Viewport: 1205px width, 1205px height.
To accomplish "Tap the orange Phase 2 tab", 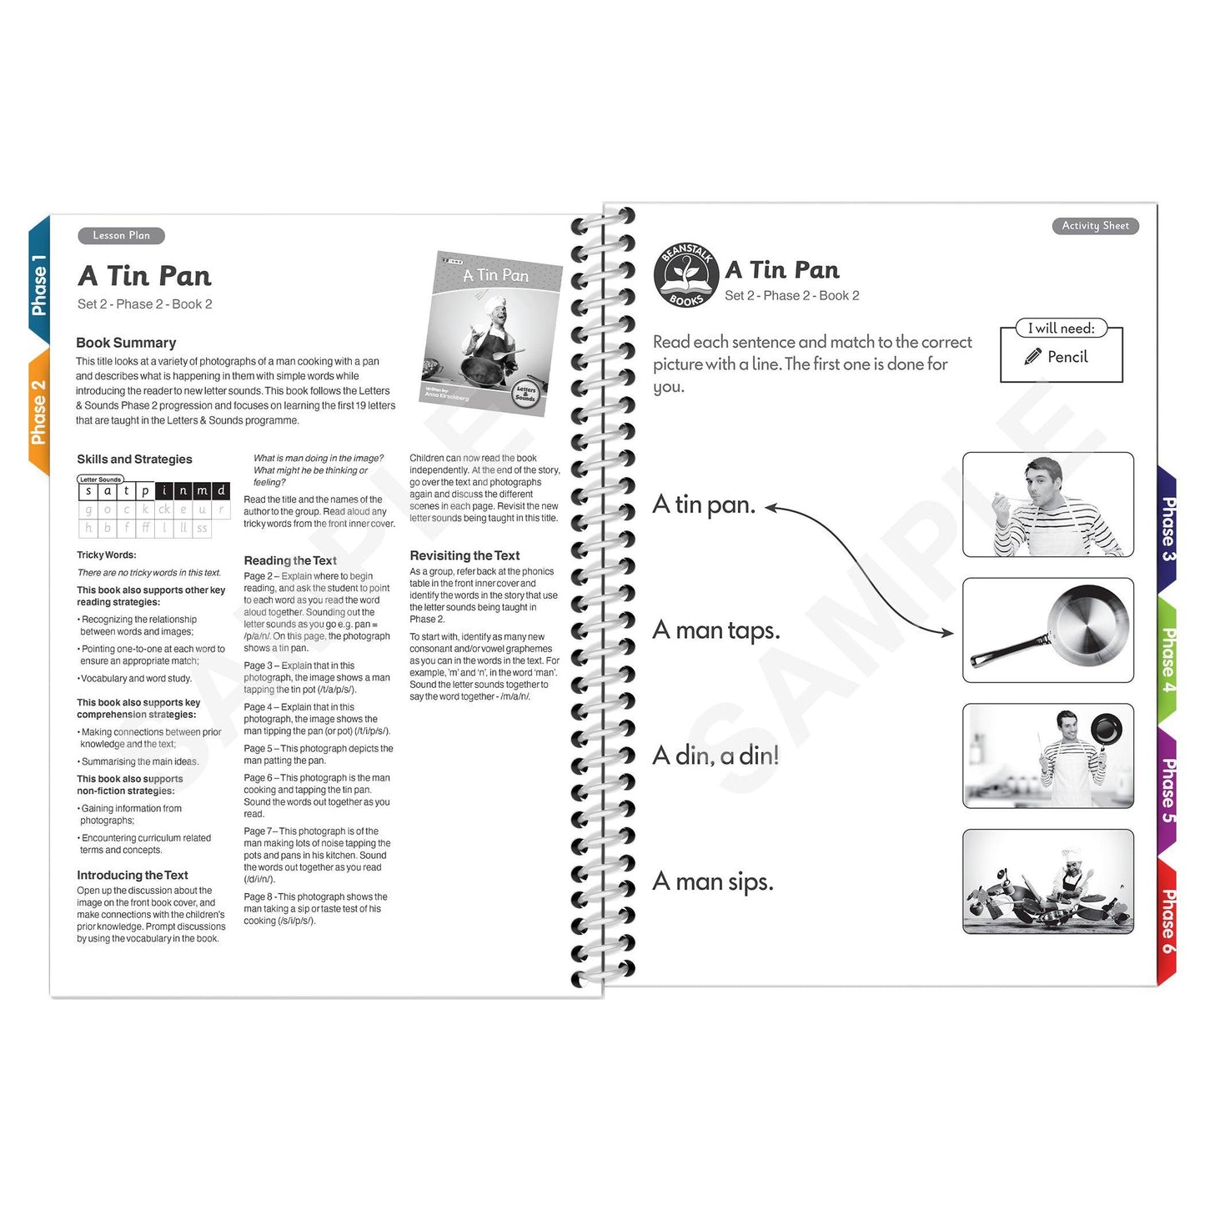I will click(x=38, y=411).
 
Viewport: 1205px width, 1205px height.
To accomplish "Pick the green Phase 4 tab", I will click(x=1168, y=659).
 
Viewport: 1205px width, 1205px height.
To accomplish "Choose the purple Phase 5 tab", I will click(x=1168, y=789).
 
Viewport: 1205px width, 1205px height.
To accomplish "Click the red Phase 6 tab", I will click(x=1168, y=921).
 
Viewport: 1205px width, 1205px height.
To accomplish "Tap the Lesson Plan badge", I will click(x=121, y=236).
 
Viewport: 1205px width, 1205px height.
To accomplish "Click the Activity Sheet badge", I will click(x=1094, y=226).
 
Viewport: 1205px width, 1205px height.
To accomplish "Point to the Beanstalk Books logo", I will click(x=685, y=275).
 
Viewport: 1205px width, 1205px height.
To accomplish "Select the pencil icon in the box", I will click(x=1032, y=357).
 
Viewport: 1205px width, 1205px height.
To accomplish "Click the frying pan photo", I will click(x=1047, y=630).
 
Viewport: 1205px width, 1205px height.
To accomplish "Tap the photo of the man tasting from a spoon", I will click(x=1047, y=505).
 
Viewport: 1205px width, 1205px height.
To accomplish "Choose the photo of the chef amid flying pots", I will click(x=1047, y=882).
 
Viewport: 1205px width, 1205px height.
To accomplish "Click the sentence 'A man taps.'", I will click(x=715, y=630).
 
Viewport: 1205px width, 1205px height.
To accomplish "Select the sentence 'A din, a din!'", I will click(x=715, y=756).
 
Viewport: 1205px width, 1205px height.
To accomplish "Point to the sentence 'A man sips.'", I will click(x=712, y=881).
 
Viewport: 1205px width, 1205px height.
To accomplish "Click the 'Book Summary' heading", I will click(x=126, y=343).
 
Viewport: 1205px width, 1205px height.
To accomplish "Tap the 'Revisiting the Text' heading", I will click(x=464, y=555).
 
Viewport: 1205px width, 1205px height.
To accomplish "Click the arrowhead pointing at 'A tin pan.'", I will click(x=771, y=508).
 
